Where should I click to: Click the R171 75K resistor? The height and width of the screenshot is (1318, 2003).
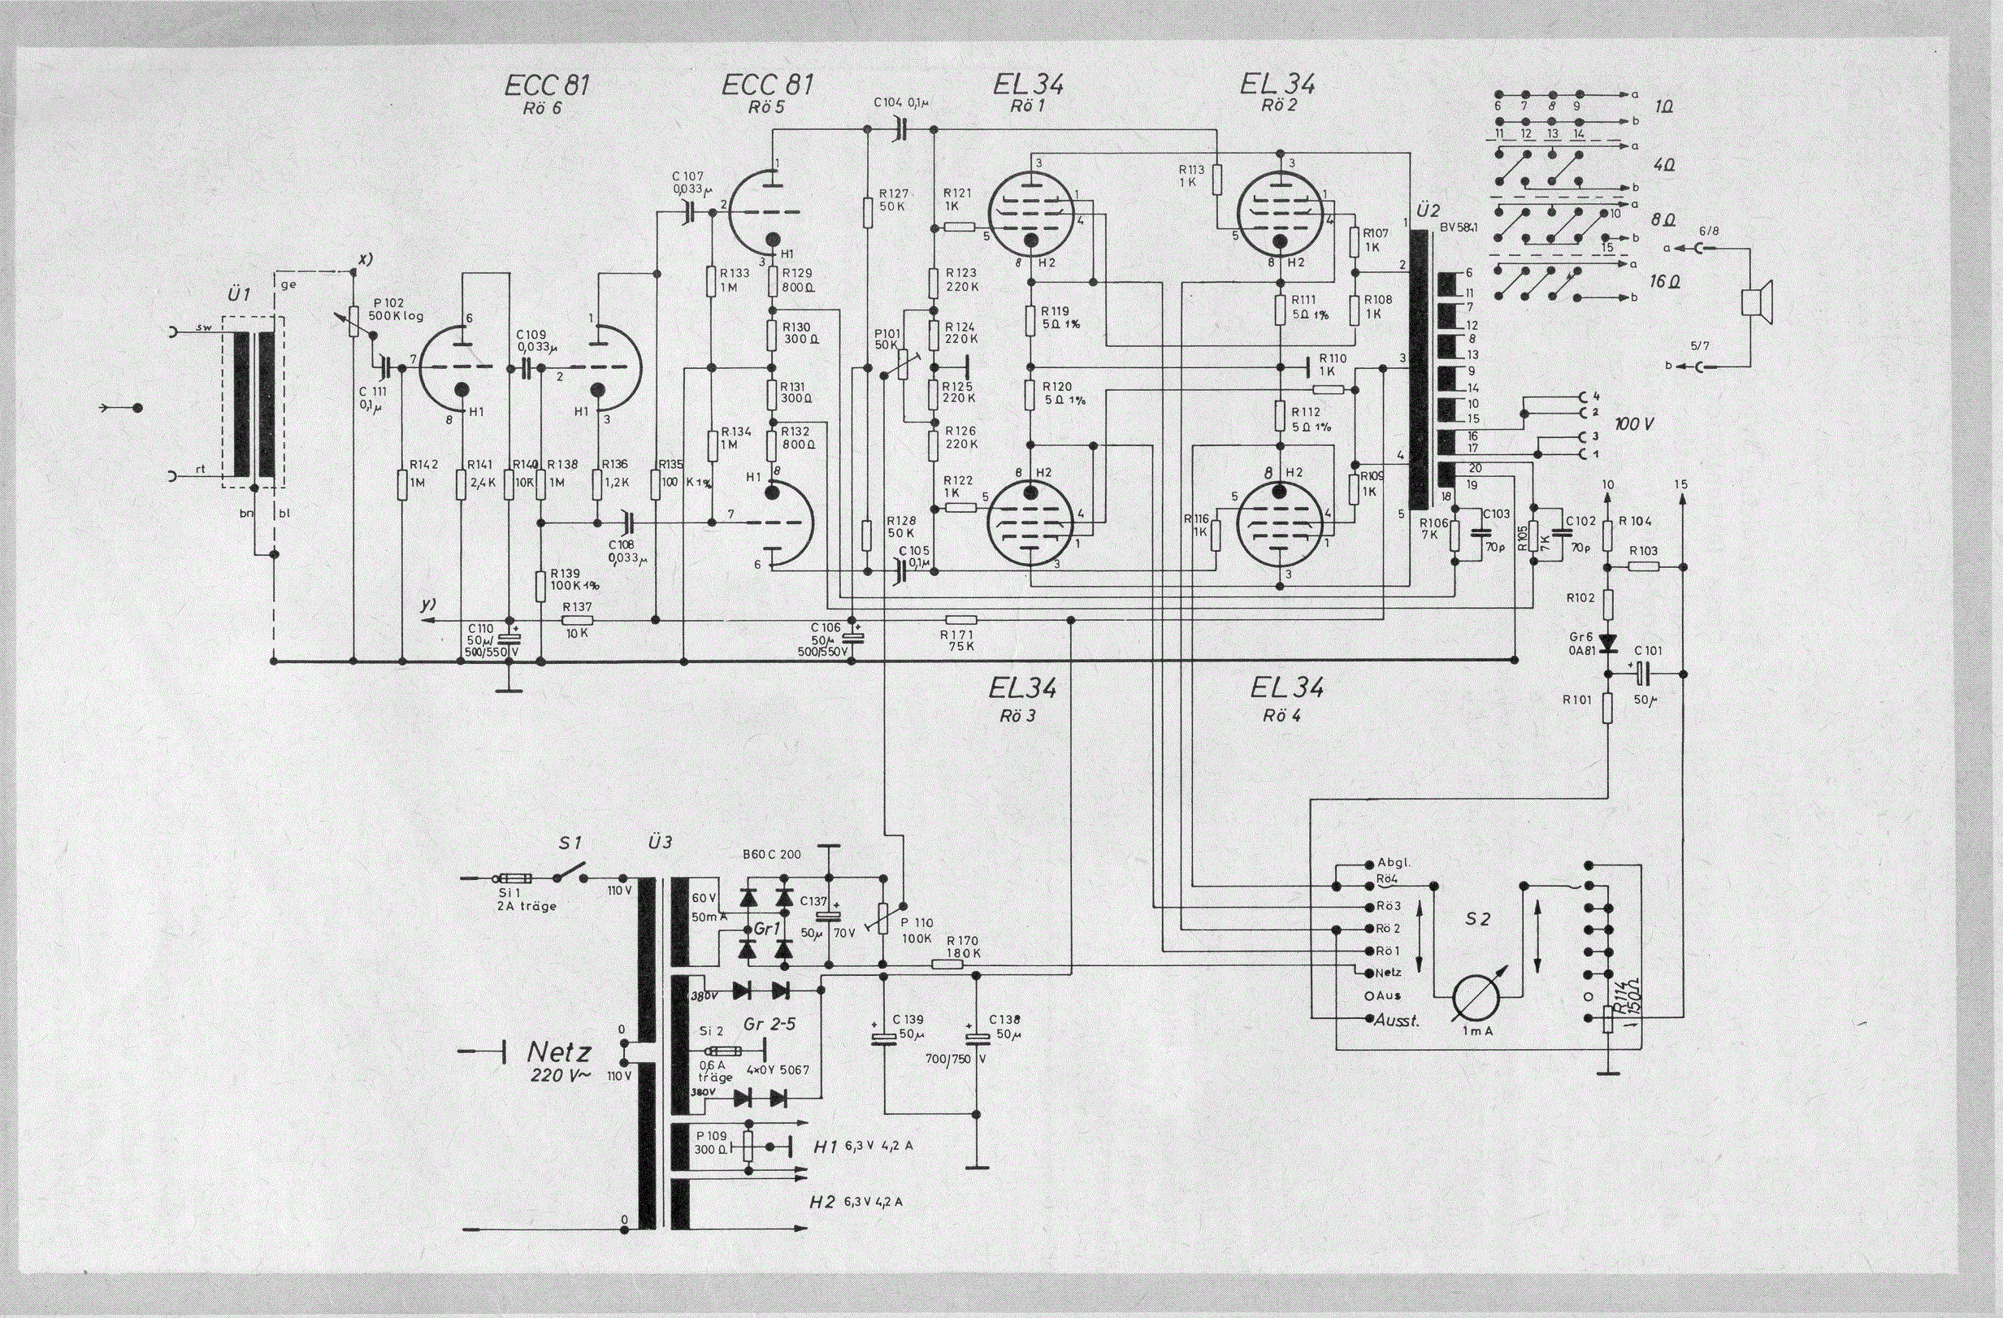(x=960, y=620)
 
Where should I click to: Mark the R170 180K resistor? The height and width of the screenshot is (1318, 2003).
(x=948, y=965)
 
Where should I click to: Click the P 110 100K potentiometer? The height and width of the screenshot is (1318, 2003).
(x=884, y=921)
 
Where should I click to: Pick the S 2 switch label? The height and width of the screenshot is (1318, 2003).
(x=1478, y=919)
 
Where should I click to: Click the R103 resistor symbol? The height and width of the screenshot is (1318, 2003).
(x=1643, y=566)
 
